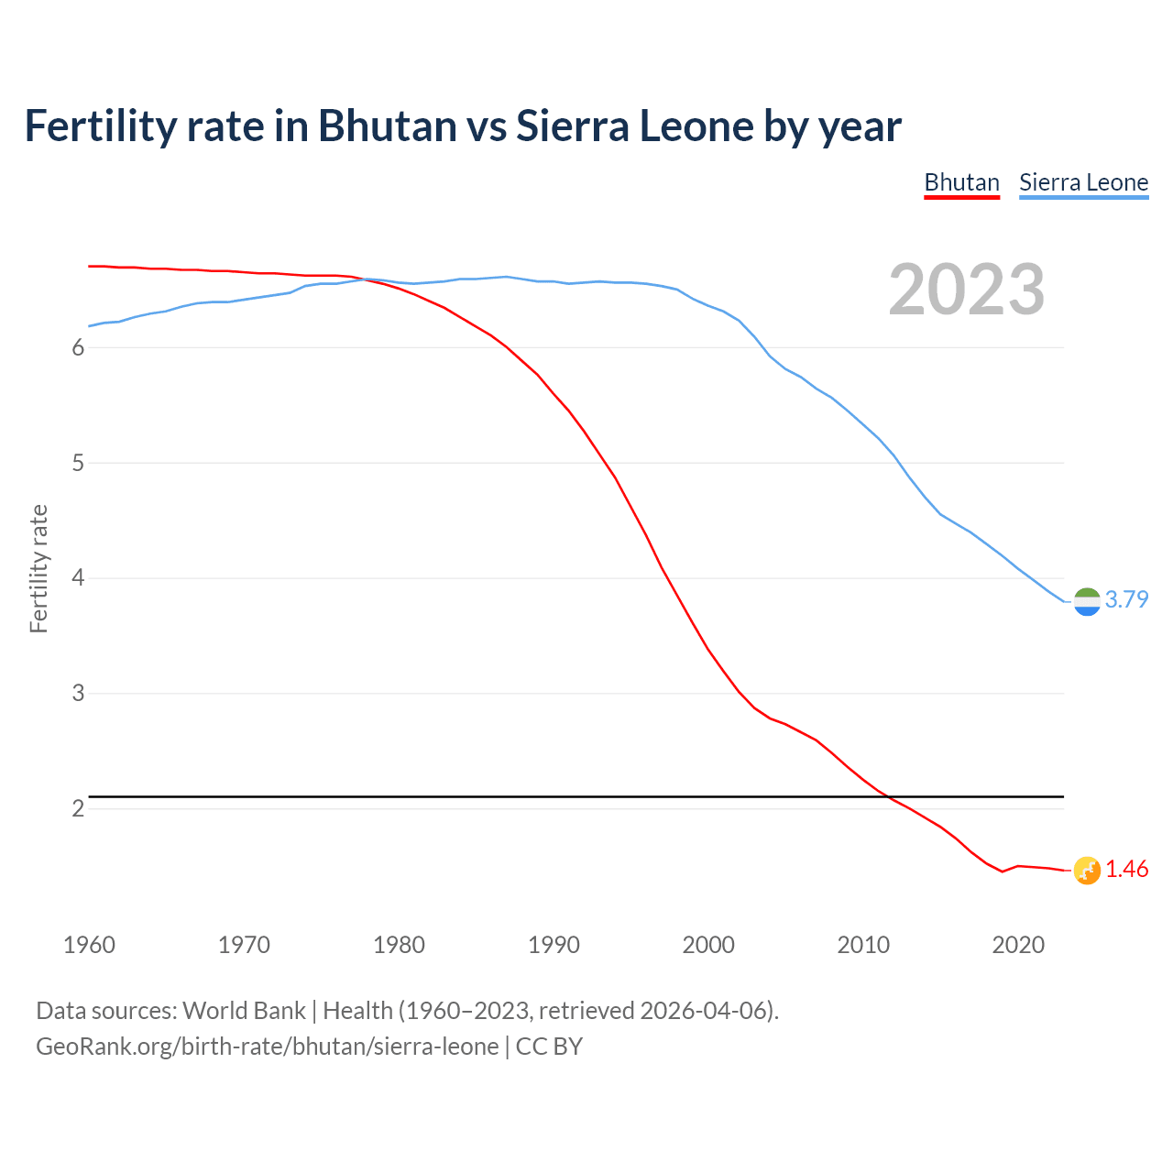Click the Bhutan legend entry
click(961, 182)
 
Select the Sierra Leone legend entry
click(1083, 182)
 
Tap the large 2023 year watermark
click(966, 290)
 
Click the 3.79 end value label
click(1126, 599)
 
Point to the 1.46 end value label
click(1126, 869)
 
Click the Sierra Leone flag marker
click(1087, 601)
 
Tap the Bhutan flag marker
click(1087, 870)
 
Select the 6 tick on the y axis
click(78, 347)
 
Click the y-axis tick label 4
click(78, 577)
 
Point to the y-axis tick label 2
click(78, 808)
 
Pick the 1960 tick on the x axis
click(89, 945)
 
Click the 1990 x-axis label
click(554, 945)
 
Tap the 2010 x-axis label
click(863, 945)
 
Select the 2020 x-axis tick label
click(1018, 945)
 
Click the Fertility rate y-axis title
click(38, 568)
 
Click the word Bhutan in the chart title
click(387, 126)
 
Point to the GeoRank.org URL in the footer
click(267, 1047)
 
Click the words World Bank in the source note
click(244, 1011)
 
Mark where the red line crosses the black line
click(887, 797)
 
